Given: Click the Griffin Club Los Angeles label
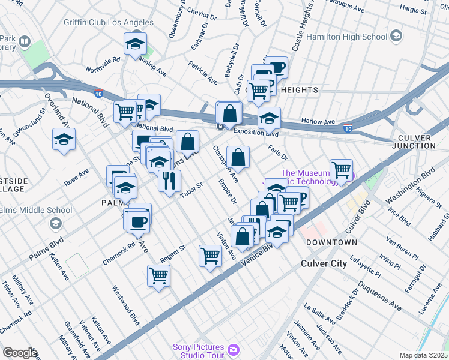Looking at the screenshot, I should tap(109, 22).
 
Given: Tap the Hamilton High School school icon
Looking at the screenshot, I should tap(396, 37).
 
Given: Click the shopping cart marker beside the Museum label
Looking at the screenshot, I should tap(341, 169).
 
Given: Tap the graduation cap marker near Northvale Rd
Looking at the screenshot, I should tap(136, 43).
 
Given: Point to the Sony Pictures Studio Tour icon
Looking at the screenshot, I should tap(233, 349).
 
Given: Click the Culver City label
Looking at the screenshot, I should tap(324, 263).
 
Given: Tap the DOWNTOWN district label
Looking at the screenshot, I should tap(331, 242).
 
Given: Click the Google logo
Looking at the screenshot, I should tap(19, 353).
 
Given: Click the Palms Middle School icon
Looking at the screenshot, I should tap(55, 223).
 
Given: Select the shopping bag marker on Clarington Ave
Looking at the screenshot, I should tap(238, 158).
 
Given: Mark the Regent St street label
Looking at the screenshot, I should tap(173, 253).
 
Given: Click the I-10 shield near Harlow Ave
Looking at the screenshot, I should tap(348, 128).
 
